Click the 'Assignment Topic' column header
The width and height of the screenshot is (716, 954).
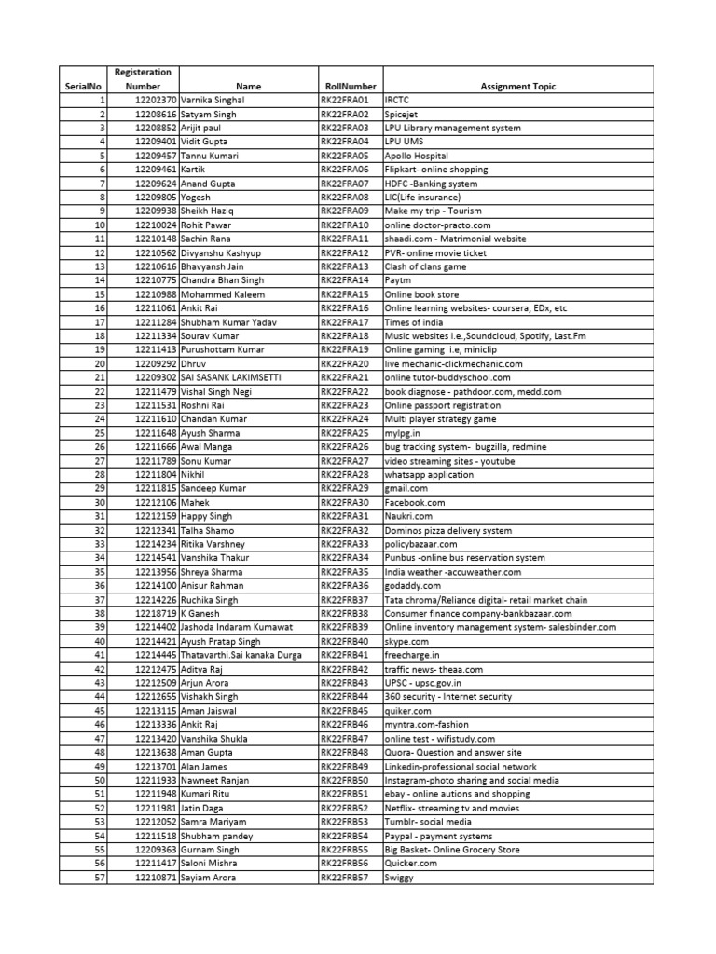point(517,87)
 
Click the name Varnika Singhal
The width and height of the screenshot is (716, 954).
point(213,100)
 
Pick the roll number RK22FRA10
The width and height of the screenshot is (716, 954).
point(345,225)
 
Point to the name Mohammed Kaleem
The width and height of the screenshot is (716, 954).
point(223,294)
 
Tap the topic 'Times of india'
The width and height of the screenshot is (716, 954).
point(414,322)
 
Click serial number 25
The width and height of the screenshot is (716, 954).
point(99,433)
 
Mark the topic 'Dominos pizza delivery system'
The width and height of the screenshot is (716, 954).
point(447,530)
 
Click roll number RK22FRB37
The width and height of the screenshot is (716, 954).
point(345,600)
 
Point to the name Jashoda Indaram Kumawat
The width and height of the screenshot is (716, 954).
point(237,628)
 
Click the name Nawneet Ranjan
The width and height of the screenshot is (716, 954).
point(216,781)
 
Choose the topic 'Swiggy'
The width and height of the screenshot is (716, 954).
point(398,878)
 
